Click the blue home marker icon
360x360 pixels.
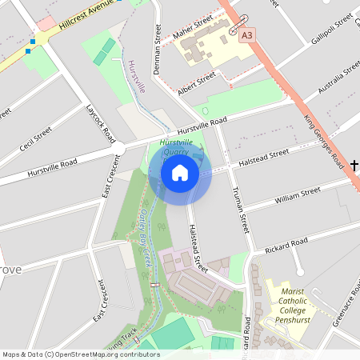[x=180, y=172]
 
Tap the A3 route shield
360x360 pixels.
[x=247, y=35]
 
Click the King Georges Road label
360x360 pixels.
[x=325, y=142]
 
